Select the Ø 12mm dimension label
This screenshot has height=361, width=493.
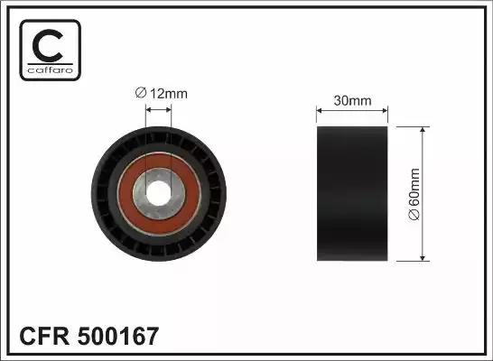click(x=163, y=91)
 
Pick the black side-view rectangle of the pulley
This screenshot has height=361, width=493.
click(x=351, y=193)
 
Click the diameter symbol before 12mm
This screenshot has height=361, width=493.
click(x=141, y=91)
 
